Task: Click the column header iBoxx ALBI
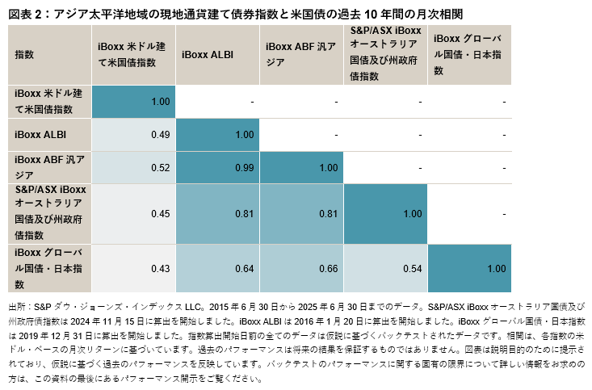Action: pos(208,55)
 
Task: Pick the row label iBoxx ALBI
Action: pos(41,134)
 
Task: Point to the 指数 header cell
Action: pos(24,55)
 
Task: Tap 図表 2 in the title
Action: pos(24,14)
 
